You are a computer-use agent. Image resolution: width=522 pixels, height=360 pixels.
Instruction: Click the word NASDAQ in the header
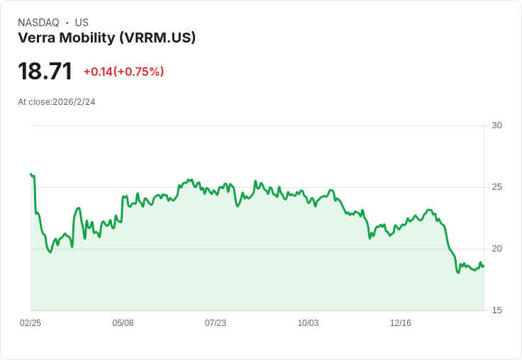coord(38,23)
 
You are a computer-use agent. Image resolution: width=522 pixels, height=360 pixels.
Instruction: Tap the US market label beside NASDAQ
coord(82,23)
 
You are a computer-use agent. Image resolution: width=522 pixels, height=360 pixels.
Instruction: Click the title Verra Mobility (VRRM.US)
coord(106,38)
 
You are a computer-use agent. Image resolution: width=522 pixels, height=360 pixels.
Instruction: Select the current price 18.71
coord(45,72)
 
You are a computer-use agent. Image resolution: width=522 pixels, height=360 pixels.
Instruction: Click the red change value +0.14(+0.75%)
coord(123,72)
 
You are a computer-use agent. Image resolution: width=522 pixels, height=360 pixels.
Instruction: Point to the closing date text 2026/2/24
coord(74,102)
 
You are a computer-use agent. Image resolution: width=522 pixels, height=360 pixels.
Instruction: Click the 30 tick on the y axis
coord(496,125)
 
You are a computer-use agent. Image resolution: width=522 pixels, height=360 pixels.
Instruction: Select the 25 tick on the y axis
coord(496,187)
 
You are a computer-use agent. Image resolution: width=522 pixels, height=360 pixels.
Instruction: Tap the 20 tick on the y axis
coord(496,249)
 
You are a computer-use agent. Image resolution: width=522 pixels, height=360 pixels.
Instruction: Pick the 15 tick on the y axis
coord(496,310)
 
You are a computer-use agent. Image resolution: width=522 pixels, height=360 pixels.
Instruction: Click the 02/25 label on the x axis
coord(30,323)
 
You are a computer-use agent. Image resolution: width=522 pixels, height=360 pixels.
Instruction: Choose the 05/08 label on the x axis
coord(123,323)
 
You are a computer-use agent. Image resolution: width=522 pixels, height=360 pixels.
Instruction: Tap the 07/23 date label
coord(216,323)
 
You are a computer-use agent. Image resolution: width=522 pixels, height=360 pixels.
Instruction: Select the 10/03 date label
coord(308,323)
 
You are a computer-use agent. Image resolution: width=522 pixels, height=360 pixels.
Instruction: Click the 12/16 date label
coord(401,323)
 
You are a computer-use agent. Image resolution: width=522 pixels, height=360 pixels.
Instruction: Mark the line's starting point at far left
coord(31,174)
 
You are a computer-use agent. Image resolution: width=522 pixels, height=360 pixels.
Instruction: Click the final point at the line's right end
coord(483,266)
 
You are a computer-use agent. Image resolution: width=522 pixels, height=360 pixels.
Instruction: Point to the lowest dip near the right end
coord(458,272)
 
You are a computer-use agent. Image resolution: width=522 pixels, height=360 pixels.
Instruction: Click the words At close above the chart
coord(34,102)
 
